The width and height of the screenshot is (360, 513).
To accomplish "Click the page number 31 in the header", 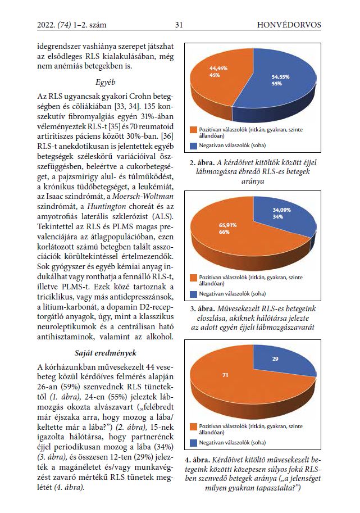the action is (179, 25).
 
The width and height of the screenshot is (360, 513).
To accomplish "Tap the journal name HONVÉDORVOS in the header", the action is (289, 25).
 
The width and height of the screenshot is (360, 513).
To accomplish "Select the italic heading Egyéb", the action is (105, 83).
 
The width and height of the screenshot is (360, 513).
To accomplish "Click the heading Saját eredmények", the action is (105, 353).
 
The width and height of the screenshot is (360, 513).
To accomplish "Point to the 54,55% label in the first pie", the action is (281, 77).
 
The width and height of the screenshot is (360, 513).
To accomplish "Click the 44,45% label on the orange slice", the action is (218, 69).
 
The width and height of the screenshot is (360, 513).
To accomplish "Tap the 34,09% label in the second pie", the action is (282, 210).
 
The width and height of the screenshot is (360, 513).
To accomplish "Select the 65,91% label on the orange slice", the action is (227, 225).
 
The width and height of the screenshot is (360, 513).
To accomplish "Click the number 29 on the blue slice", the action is (275, 359).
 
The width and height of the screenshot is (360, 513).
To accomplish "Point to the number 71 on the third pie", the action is (225, 375).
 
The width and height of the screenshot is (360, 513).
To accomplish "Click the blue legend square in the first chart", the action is (194, 146).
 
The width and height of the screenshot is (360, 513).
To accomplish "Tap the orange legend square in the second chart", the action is (194, 278).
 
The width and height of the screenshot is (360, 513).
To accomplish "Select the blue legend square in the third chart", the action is (194, 443).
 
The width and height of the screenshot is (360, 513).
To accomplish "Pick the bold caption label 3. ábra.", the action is (202, 308).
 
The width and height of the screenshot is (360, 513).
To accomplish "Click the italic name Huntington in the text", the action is (107, 207).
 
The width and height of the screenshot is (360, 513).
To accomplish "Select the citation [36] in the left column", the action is (168, 136).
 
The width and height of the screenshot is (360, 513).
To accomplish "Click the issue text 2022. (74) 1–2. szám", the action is (72, 25).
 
